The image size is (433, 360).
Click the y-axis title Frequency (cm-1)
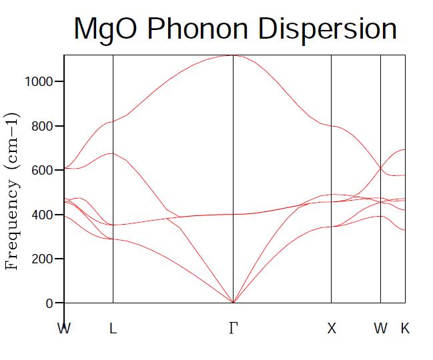[x=12, y=191]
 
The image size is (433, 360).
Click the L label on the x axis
[x=113, y=328]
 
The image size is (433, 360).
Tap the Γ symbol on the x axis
[x=233, y=328]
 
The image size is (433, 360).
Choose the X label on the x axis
[x=332, y=328]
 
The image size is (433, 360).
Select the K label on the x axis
[x=404, y=328]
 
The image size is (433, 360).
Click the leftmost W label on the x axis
[x=64, y=328]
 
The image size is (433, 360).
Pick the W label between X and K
[x=380, y=328]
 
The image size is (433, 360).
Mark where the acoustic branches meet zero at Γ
[x=233, y=303]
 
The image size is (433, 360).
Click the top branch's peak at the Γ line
[x=233, y=55]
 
